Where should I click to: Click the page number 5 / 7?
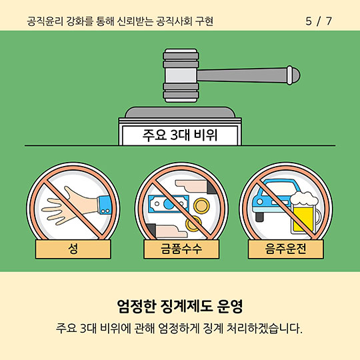[319, 21]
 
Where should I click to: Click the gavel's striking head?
[181, 75]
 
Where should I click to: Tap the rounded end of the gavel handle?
[293, 75]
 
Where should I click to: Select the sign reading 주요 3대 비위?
[180, 135]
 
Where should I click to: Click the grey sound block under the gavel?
[180, 113]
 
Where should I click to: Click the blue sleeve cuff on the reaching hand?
[105, 205]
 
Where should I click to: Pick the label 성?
[73, 249]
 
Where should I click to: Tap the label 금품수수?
[181, 249]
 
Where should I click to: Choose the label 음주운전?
[285, 249]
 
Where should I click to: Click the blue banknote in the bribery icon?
[168, 203]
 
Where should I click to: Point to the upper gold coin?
[201, 205]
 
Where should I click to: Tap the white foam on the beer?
[304, 198]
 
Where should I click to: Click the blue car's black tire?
[259, 217]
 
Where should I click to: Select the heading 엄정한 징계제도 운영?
[180, 306]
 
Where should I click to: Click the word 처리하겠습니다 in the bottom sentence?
[264, 329]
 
